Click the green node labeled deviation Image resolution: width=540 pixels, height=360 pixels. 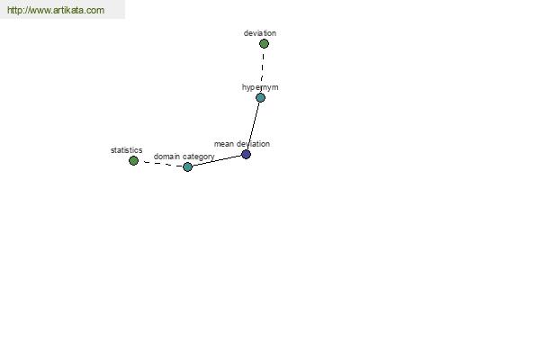coord(264,44)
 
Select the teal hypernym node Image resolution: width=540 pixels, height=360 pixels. coord(260,98)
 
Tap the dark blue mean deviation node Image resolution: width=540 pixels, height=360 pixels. coord(246,154)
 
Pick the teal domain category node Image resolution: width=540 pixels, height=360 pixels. coord(187,167)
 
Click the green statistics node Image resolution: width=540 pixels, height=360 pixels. coord(133,160)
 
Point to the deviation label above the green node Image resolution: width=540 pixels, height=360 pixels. coord(260,33)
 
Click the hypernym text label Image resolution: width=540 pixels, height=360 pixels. coord(260,87)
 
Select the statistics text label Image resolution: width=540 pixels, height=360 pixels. coord(126,150)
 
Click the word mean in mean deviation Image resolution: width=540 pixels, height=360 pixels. coord(224,144)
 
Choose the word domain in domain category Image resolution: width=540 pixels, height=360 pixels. coord(166,157)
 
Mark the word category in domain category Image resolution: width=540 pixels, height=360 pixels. coord(199,157)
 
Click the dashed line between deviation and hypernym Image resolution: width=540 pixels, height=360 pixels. coord(263,67)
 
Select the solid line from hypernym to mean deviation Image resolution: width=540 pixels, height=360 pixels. coord(253,126)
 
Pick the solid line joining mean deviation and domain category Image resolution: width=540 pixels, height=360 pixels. coord(217,161)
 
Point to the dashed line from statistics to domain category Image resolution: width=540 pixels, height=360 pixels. coord(160,164)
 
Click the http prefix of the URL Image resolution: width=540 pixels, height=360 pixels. coord(14,10)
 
